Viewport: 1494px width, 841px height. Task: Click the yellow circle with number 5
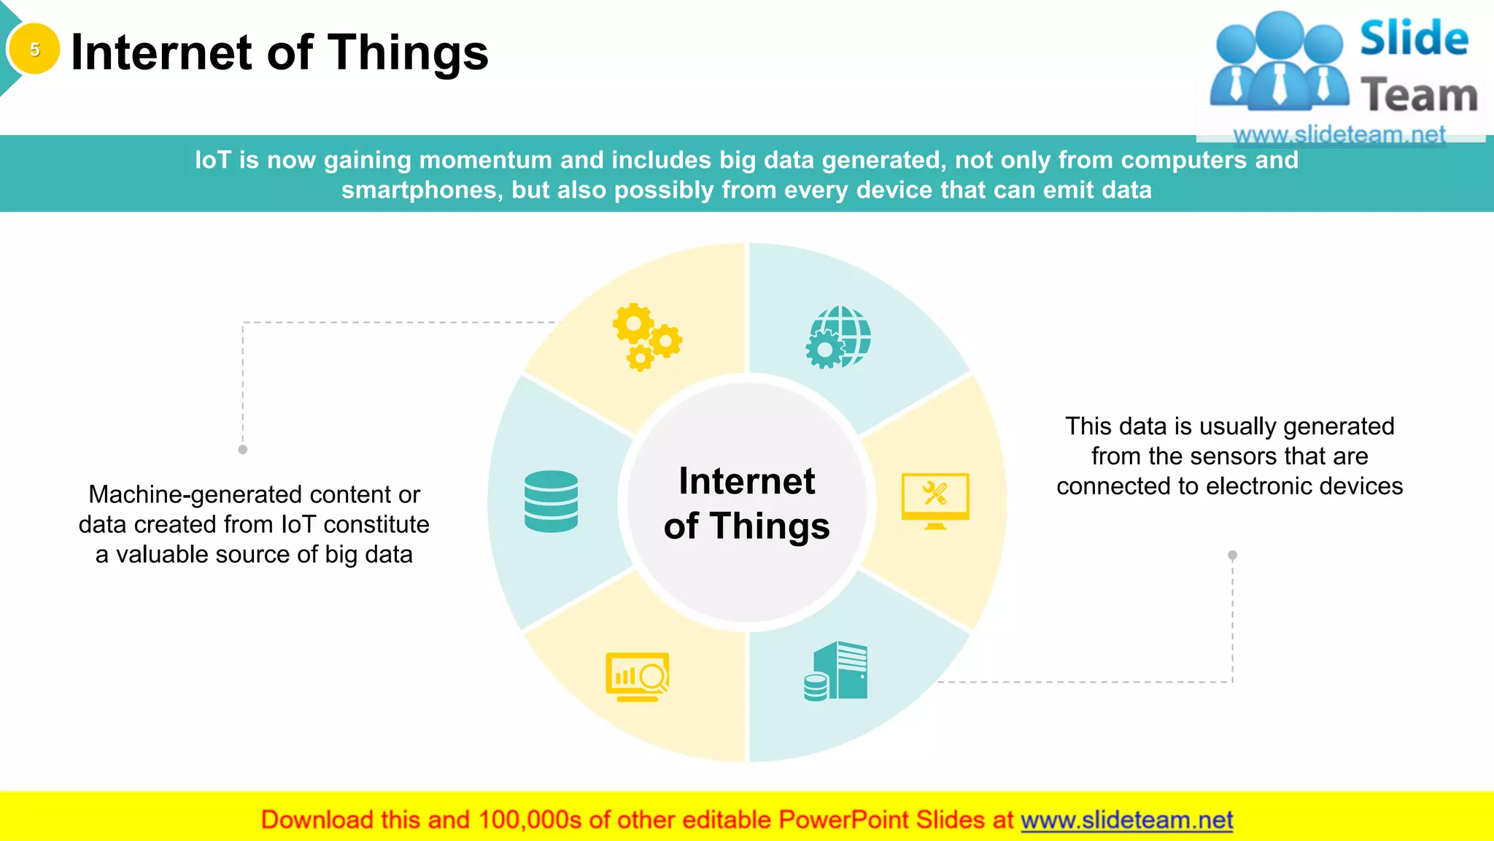34,50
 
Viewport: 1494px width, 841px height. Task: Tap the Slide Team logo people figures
1279,62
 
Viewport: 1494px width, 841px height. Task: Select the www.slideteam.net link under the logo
1339,134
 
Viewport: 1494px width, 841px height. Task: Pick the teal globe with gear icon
839,337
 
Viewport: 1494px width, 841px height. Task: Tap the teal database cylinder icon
551,501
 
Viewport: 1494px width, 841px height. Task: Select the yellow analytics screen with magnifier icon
638,677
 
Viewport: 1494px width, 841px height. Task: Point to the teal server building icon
837,672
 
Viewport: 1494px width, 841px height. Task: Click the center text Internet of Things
746,503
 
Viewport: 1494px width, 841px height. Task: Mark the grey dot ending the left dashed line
243,450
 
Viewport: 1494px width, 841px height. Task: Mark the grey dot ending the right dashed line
1232,556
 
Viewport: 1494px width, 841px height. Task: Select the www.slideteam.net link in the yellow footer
1126,821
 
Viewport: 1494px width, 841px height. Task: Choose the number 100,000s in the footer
530,821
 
